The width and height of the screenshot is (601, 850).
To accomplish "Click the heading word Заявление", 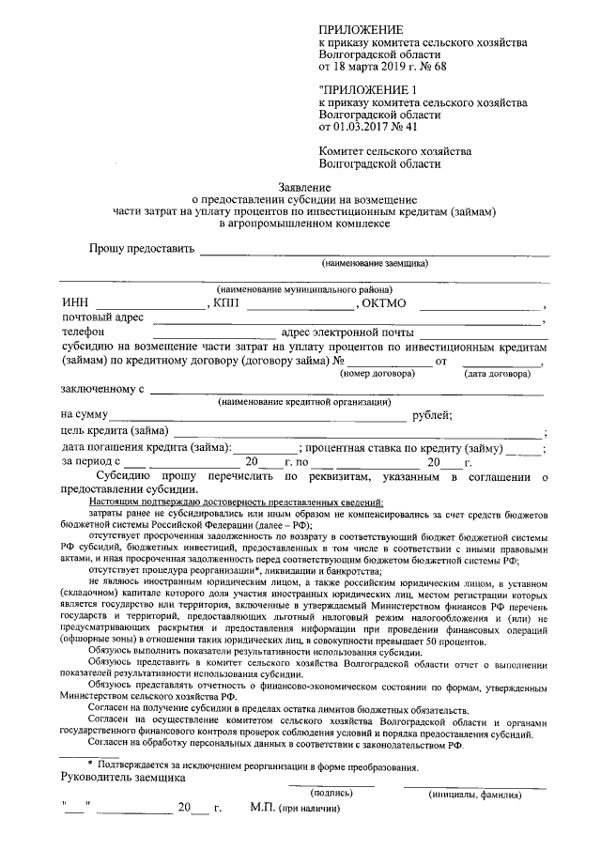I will point(301,189).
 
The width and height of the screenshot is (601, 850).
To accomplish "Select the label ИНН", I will point(75,303).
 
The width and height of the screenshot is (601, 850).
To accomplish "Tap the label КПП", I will point(227,303).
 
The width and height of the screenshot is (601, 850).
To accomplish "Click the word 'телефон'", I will point(83,332).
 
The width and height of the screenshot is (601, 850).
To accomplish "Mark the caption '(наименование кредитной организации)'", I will point(302,402).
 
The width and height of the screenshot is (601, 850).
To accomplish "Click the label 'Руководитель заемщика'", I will point(122,778).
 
